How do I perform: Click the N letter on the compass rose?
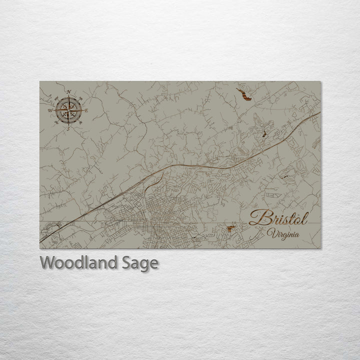point(68,92)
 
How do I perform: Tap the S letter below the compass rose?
point(68,128)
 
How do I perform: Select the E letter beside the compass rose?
point(86,110)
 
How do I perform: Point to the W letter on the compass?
point(50,110)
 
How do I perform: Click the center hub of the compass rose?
point(68,110)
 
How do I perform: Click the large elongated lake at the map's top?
point(243,94)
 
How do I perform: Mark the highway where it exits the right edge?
point(318,113)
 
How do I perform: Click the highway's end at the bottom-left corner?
point(41,242)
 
